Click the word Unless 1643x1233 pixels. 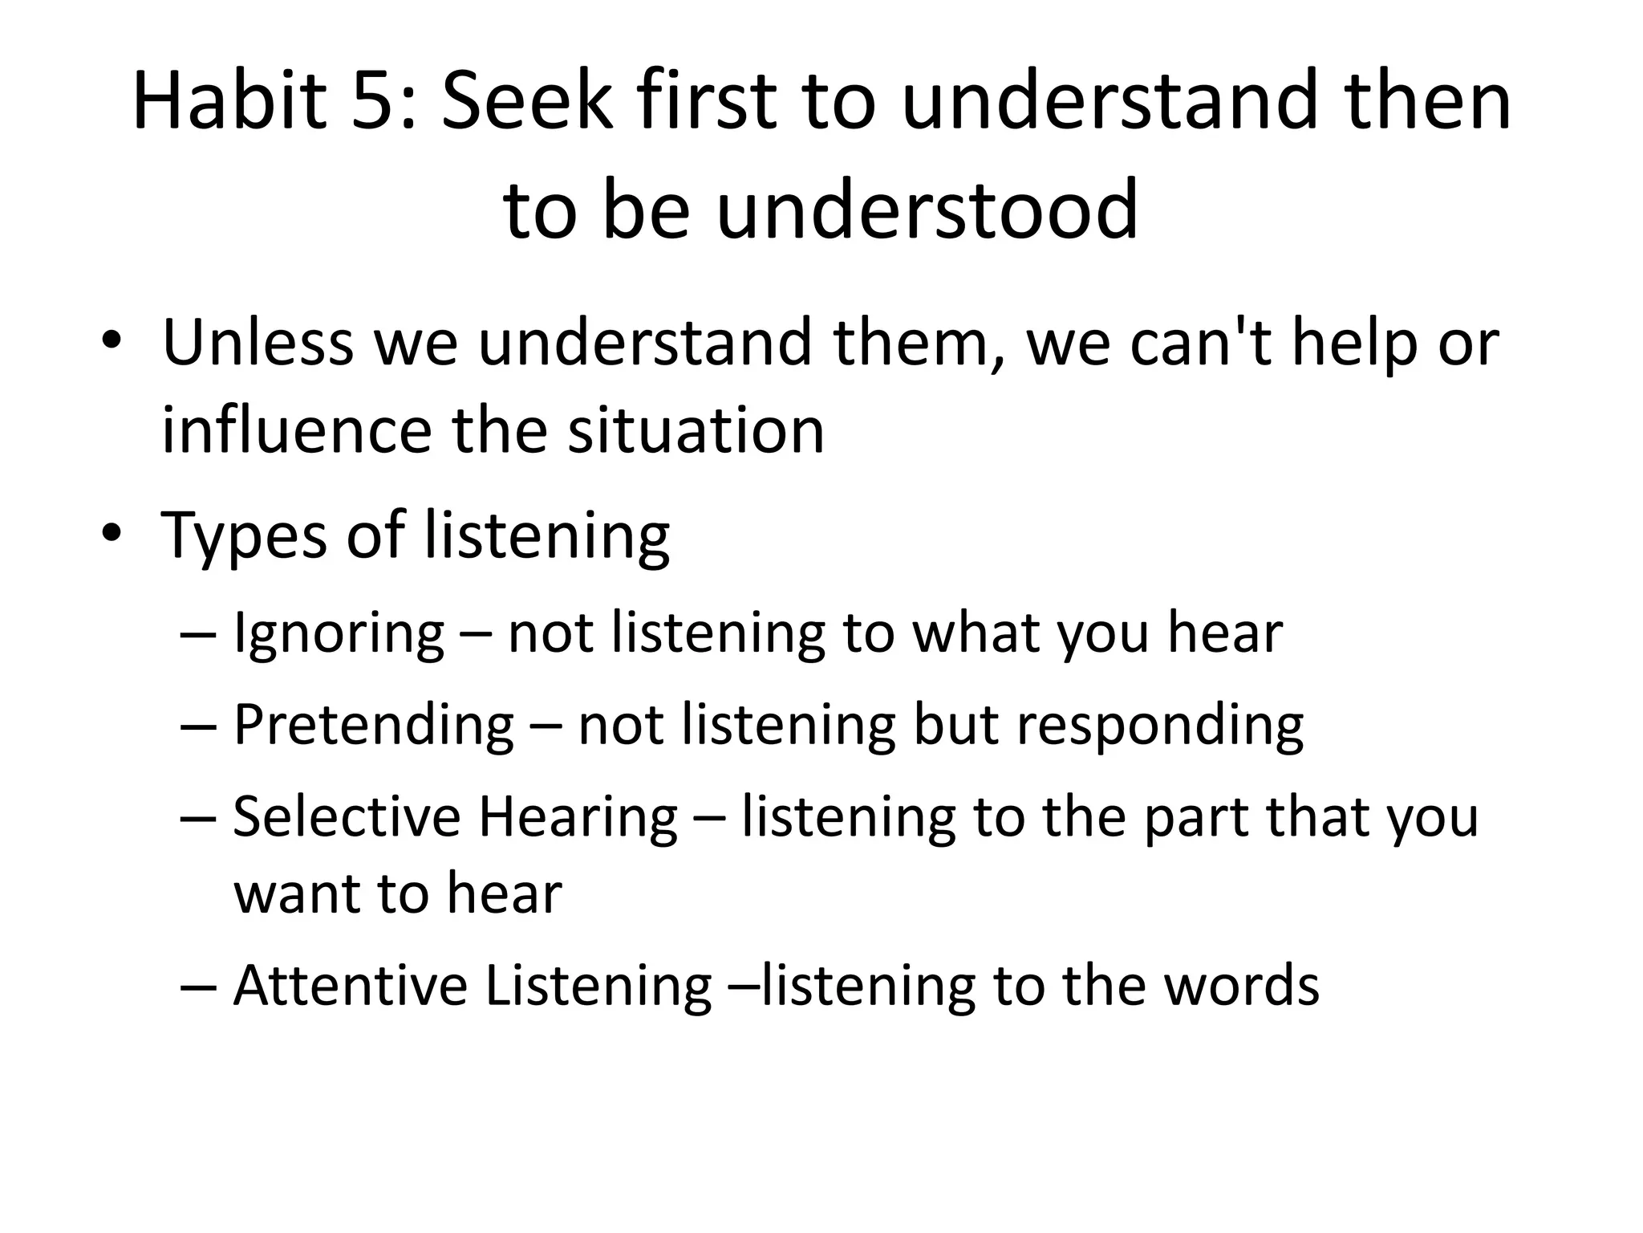(x=258, y=344)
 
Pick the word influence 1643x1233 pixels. (x=296, y=431)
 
